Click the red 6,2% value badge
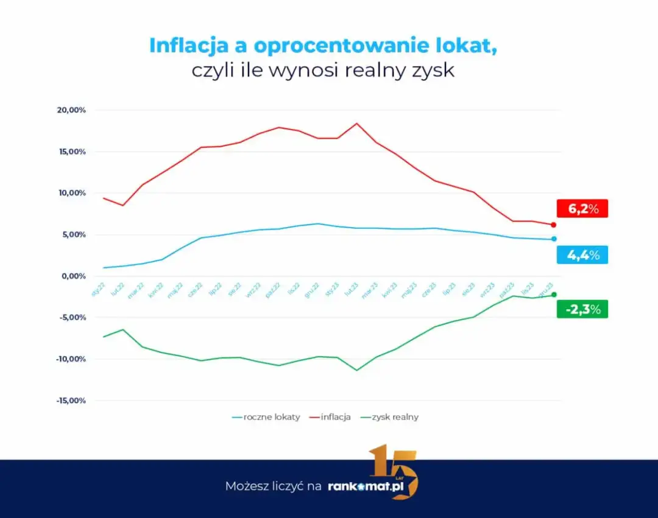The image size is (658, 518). click(582, 208)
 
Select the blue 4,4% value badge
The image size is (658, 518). click(582, 255)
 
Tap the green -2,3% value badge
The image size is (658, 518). click(582, 309)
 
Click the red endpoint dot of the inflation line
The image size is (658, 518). click(553, 225)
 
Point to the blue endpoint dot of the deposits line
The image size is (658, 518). click(553, 239)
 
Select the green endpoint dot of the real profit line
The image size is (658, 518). click(553, 295)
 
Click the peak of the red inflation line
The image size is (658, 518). click(357, 124)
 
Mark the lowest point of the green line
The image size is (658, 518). click(357, 370)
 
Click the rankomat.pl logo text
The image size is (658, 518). click(372, 486)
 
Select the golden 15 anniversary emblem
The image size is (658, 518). click(394, 471)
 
